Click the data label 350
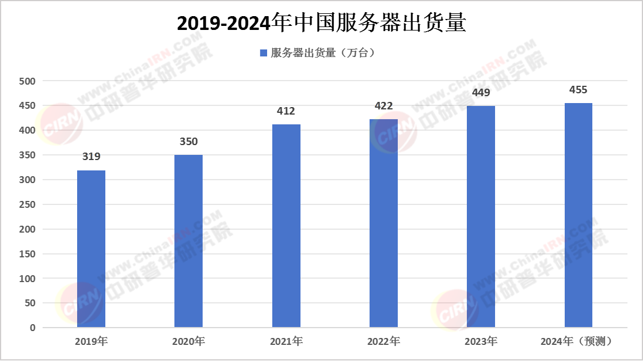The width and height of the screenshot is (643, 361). pos(188,142)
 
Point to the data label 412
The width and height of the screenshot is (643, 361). pos(286,112)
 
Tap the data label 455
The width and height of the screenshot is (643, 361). pos(578,90)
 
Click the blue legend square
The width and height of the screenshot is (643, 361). pos(264,53)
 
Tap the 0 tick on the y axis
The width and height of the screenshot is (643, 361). pos(33,328)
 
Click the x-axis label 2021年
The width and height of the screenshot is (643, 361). pos(286,341)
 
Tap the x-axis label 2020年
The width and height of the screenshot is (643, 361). pos(188,341)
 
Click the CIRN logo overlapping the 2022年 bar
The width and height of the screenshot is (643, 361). pos(393,132)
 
